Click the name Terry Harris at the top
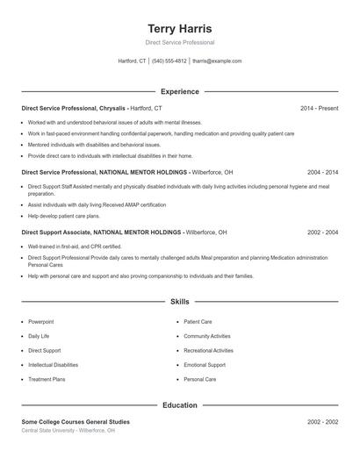point(179,29)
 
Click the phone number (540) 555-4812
point(169,61)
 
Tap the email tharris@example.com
point(216,61)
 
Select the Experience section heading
point(179,91)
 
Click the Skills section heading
point(179,302)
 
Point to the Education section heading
point(179,405)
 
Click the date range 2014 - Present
point(319,108)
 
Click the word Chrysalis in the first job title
point(113,108)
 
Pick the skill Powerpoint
point(40,322)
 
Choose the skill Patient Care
point(198,322)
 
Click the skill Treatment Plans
point(47,380)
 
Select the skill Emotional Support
point(205,365)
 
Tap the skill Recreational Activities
point(208,351)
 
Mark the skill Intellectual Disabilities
point(53,365)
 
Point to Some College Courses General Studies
point(76,422)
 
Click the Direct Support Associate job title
point(54,232)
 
